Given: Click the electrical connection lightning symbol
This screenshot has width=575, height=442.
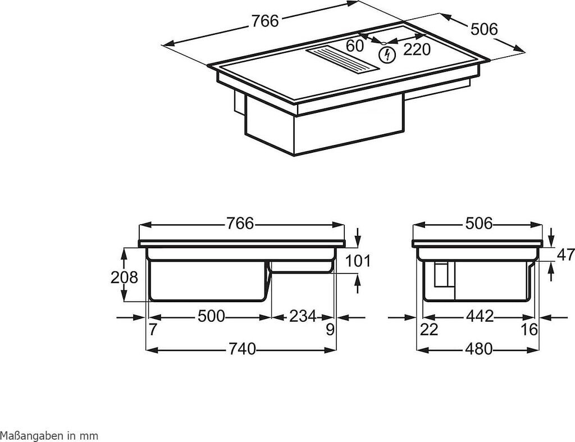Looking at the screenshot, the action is [x=387, y=54].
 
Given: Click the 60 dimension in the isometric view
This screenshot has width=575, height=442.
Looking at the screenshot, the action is [x=355, y=45].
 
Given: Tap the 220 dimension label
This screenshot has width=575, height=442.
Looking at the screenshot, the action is [x=417, y=49].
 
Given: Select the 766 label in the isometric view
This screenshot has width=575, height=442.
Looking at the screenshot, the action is [x=265, y=21].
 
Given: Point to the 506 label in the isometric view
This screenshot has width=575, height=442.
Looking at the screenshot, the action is [x=484, y=29].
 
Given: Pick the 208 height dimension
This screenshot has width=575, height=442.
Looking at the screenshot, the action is [x=124, y=277].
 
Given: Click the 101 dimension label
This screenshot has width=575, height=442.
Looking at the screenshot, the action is [x=358, y=261].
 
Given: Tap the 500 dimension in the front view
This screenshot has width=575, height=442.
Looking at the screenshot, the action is [x=211, y=316].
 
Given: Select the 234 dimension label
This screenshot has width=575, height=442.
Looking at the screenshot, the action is [x=303, y=316].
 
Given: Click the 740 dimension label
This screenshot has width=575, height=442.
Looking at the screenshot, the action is [x=241, y=348].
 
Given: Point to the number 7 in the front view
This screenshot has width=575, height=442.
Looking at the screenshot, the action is [x=153, y=330].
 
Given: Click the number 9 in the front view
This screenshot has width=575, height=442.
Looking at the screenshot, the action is [x=330, y=330].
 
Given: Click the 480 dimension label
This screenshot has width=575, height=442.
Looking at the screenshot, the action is [x=478, y=348].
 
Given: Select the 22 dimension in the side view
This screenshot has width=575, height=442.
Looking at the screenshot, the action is [x=429, y=330].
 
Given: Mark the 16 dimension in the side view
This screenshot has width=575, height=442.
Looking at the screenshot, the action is [x=529, y=330].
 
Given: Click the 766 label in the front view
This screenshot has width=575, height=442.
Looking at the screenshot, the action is [x=240, y=223].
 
